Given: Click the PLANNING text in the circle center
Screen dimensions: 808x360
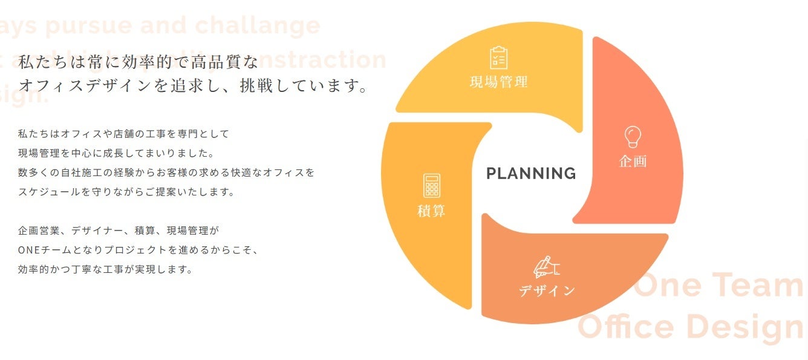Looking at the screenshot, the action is pyautogui.click(x=531, y=174).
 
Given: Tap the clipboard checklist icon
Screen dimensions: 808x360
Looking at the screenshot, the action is pyautogui.click(x=498, y=57).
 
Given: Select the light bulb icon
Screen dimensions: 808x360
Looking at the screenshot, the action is pyautogui.click(x=633, y=137).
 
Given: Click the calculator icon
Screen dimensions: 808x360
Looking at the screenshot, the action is pyautogui.click(x=432, y=186).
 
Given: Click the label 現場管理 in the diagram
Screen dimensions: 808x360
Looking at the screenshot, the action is pyautogui.click(x=498, y=82).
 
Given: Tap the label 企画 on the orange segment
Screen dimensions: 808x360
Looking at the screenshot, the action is pyautogui.click(x=633, y=161).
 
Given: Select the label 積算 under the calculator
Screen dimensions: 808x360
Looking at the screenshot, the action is pyautogui.click(x=432, y=211).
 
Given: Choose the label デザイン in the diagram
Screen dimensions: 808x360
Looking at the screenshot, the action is pyautogui.click(x=547, y=291).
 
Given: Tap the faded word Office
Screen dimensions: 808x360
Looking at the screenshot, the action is pyautogui.click(x=626, y=327).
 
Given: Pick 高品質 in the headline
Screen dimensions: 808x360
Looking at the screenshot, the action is pyautogui.click(x=217, y=62).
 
